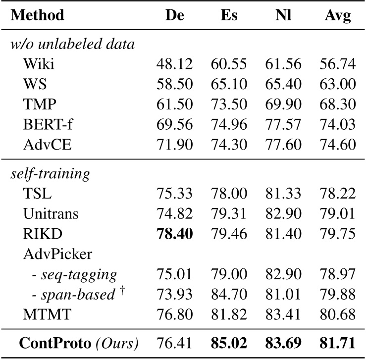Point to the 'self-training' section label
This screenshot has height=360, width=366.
[x=51, y=174]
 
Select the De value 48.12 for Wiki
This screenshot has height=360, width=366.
[x=175, y=64]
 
